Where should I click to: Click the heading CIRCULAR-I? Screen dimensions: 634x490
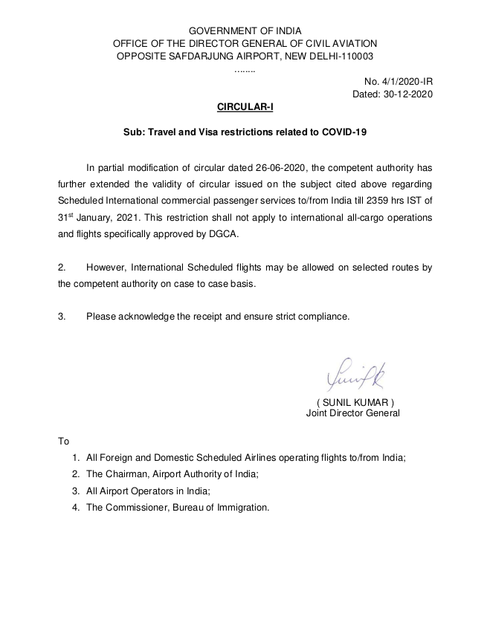click(x=245, y=108)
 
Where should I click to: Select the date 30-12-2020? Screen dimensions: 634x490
click(x=408, y=94)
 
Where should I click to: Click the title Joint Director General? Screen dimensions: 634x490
click(x=352, y=413)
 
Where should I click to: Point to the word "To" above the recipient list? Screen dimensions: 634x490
click(x=63, y=441)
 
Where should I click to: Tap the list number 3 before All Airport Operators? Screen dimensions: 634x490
click(x=75, y=491)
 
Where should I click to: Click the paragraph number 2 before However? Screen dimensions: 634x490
click(x=62, y=267)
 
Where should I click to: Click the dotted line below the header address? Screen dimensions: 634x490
click(x=245, y=69)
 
